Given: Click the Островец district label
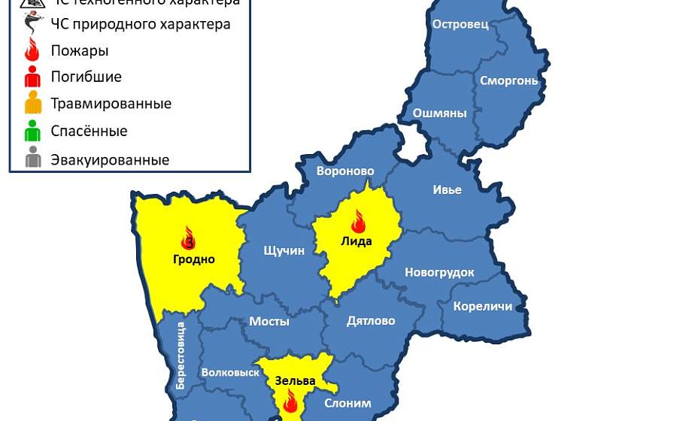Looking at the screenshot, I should (x=460, y=24).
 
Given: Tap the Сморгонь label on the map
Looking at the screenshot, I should (x=508, y=80).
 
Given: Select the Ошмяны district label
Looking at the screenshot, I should (x=439, y=114).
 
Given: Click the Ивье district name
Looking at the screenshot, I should (x=447, y=189).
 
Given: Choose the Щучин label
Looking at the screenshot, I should (x=284, y=250).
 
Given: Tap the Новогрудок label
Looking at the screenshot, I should (x=439, y=272).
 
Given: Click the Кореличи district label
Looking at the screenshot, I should (x=482, y=306).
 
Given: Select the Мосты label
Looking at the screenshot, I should (x=269, y=321).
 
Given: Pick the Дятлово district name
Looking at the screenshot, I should (x=371, y=321).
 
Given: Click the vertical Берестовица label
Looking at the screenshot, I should (x=181, y=355).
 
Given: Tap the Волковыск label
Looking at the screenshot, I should (x=226, y=372).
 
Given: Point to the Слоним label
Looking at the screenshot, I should (x=347, y=403).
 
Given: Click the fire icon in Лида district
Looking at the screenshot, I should (x=357, y=221).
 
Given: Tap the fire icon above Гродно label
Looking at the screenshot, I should (x=188, y=238).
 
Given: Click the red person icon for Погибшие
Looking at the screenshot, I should (x=32, y=77).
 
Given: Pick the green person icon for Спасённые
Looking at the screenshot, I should (x=32, y=132).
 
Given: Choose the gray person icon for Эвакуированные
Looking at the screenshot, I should (x=32, y=159).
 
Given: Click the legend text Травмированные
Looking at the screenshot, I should (x=111, y=104).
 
